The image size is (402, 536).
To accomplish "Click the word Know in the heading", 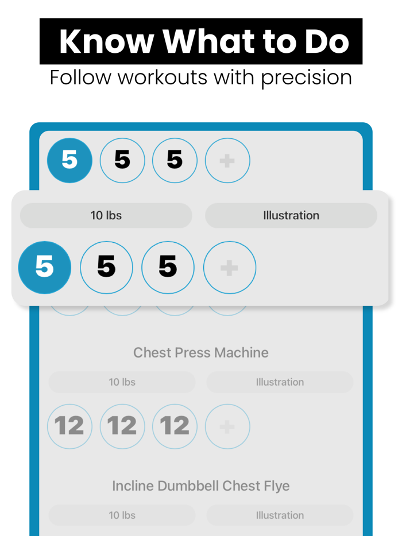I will [x=106, y=41].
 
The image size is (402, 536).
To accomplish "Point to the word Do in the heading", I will [x=328, y=41].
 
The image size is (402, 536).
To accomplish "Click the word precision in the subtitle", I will [x=306, y=77].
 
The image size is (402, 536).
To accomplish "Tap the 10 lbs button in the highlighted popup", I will [x=106, y=216].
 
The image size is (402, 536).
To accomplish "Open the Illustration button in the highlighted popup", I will [x=291, y=216].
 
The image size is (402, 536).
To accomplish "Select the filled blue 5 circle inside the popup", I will [x=45, y=267].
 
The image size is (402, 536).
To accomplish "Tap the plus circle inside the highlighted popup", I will [x=230, y=267].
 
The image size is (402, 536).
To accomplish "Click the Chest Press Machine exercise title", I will [x=201, y=352].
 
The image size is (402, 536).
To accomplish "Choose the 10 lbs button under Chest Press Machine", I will [x=122, y=382].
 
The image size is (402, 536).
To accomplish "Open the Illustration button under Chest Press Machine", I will [x=280, y=382].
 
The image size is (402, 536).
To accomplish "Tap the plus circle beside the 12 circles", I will [x=227, y=426].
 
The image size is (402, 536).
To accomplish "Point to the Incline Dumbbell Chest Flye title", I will [x=201, y=486].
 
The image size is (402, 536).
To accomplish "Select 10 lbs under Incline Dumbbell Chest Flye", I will [x=122, y=515].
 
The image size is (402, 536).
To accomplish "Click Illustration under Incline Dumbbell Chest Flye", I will [x=280, y=515].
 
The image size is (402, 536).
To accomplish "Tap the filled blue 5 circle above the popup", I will [x=69, y=160].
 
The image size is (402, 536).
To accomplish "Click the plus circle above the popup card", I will [x=227, y=160].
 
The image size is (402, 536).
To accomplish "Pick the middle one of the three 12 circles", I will [x=122, y=426].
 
